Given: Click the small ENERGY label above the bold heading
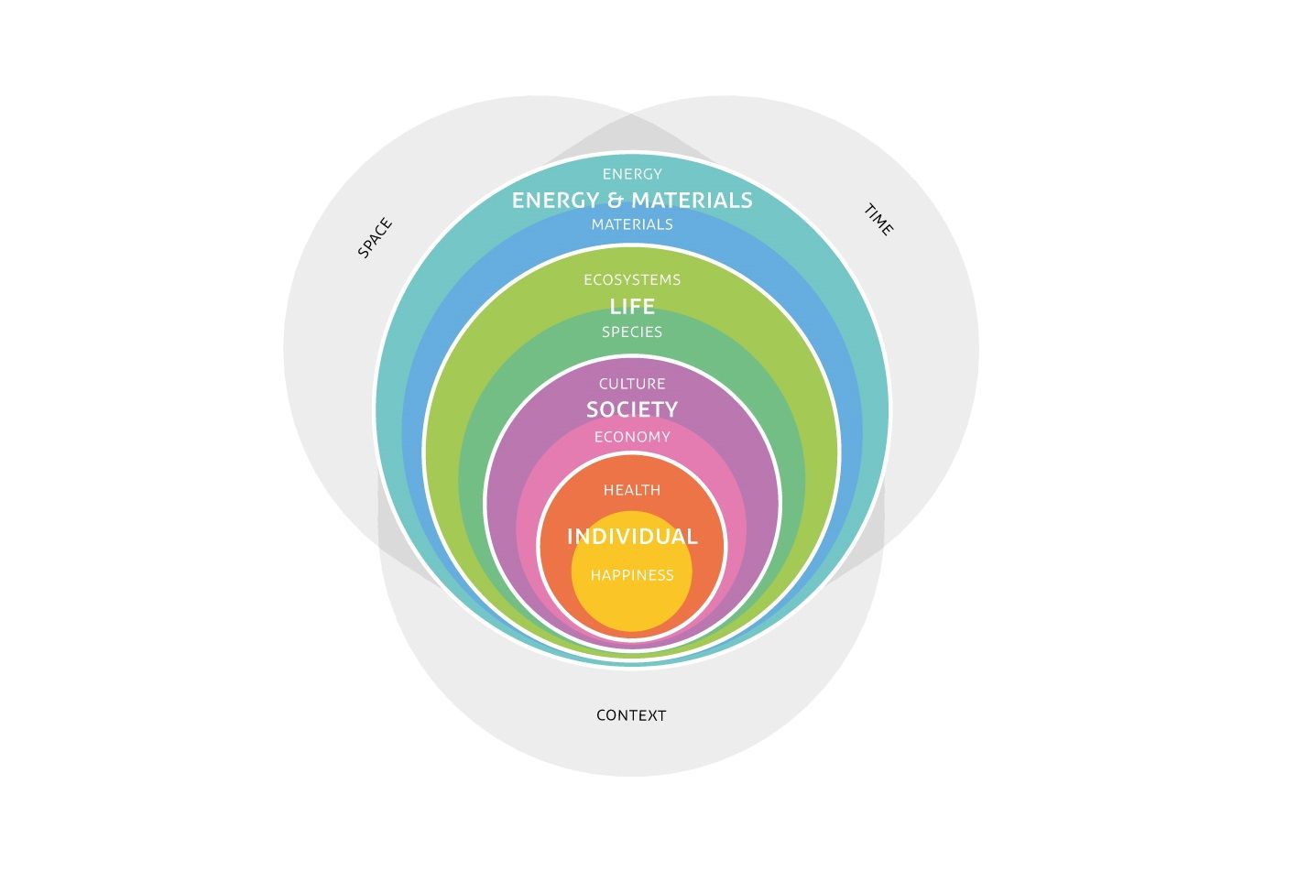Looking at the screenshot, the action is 632,174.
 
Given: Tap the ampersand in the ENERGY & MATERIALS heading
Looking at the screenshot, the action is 616,201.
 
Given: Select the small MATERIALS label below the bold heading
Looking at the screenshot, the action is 632,224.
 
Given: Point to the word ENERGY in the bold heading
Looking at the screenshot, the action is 556,201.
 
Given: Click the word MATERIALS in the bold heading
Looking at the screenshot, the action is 692,201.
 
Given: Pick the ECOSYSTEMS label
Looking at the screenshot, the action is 632,280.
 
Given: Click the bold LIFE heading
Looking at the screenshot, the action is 632,307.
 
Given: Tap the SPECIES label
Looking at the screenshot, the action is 632,332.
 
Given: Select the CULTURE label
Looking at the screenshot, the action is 632,384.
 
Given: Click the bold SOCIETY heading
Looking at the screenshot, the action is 632,409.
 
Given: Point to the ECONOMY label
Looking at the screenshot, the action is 632,437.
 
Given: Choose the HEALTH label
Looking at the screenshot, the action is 632,490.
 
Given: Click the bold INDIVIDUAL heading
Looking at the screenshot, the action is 632,537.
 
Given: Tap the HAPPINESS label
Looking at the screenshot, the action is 632,575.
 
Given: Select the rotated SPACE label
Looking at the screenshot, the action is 375,238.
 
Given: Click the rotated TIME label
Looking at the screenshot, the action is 878,220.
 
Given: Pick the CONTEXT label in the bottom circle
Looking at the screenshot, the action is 631,715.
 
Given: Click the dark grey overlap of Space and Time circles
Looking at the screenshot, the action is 631,132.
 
